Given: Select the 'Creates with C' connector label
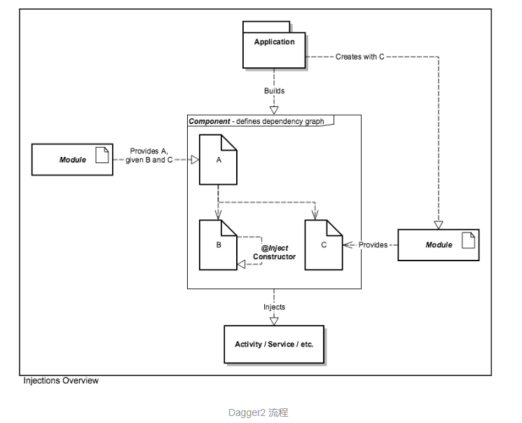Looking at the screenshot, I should coord(360,57).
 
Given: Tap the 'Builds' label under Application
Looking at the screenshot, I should coord(274,91).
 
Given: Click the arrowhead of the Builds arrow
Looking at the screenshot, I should coord(274,109).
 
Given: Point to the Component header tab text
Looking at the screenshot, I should coord(257,120).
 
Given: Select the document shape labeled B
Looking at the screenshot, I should coord(219,245).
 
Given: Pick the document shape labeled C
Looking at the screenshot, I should coord(324,245).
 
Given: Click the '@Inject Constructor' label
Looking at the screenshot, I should coord(275,253).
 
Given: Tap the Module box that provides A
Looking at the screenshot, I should coord(72,160).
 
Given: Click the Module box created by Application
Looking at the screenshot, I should coord(438,245).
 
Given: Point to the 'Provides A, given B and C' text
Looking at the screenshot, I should coord(149,155).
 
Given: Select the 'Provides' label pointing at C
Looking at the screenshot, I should coord(373,245).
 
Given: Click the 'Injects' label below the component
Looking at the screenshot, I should coord(274,307).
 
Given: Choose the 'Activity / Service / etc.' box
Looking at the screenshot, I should coord(274,345).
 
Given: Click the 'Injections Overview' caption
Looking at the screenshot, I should coord(61,381).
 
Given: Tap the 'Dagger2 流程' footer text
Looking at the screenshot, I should coord(258,412).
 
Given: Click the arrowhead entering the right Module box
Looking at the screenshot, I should coord(438,225).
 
